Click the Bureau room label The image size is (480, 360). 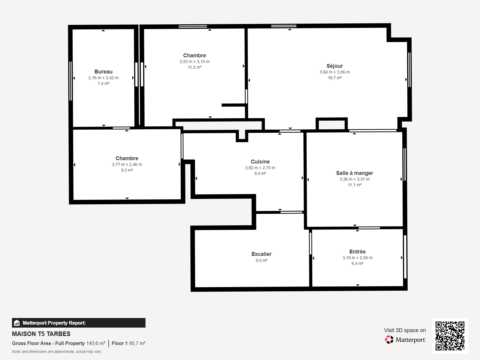coord(103,72)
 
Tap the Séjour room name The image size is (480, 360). coord(334,66)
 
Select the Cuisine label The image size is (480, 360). coord(260,162)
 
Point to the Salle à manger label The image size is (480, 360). coord(355,173)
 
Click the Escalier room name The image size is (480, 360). coord(262,254)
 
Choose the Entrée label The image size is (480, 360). coord(357,252)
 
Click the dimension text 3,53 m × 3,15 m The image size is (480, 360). coord(195,61)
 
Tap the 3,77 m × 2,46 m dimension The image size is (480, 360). coord(127,164)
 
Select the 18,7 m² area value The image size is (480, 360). coord(334,78)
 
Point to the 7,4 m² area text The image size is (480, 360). coord(103,83)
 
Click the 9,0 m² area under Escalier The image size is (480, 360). coord(262,260)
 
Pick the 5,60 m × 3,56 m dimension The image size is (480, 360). coord(334,72)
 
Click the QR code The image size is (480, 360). coord(450,336)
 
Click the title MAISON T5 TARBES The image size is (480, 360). coord(41,334)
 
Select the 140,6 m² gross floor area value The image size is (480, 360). coord(96,343)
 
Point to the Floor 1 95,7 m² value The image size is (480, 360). coord(129,343)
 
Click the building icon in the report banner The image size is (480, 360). coord(17,323)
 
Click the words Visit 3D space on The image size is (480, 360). coord(405,330)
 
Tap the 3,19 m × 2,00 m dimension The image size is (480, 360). coord(357,258)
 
